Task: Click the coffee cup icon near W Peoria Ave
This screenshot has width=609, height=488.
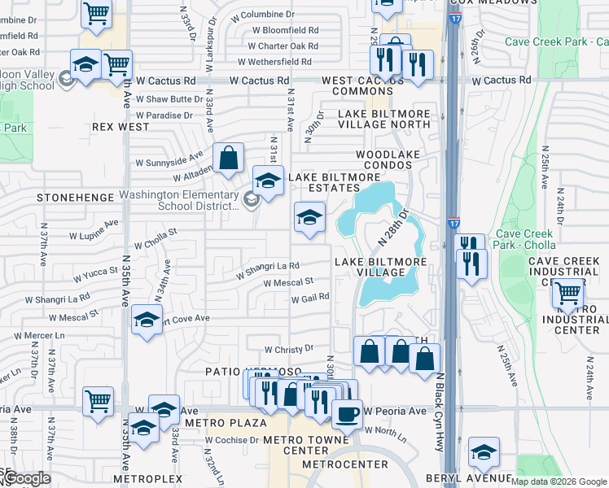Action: pos(347,413)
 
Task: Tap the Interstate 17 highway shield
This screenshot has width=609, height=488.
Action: pos(453,222)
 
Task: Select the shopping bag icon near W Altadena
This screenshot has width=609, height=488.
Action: pos(229,157)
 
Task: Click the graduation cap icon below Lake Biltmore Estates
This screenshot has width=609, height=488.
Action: pos(309,217)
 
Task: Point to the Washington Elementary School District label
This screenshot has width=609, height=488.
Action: pos(177,200)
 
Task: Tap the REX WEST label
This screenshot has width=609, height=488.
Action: pos(120,127)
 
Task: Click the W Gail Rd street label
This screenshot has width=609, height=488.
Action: pos(310,298)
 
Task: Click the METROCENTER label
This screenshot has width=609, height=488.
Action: pos(333,464)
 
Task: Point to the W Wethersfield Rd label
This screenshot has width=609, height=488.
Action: pos(275,62)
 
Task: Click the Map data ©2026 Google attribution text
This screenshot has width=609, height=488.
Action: pos(559,481)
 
